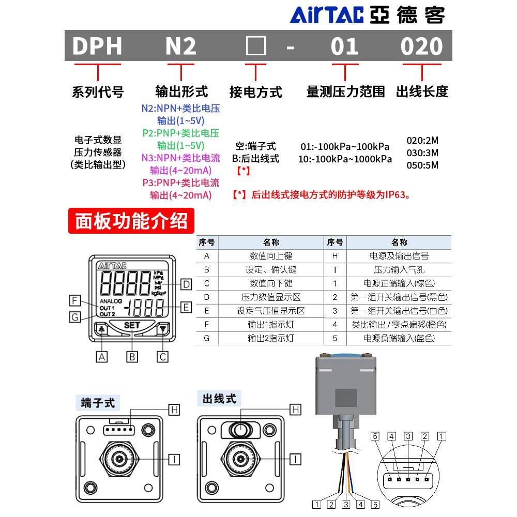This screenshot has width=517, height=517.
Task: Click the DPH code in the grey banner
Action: (97, 47)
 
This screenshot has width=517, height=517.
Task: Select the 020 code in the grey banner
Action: (422, 47)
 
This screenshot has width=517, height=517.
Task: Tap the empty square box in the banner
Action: (255, 47)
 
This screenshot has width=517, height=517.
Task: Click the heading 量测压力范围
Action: (345, 92)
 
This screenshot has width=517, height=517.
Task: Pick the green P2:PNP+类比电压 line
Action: (181, 133)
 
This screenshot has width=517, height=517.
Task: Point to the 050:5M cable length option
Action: (422, 165)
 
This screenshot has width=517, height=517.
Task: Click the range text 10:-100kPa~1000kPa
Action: (345, 159)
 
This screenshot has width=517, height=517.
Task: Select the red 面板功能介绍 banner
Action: (131, 221)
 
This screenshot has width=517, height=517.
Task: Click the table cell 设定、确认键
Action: (271, 269)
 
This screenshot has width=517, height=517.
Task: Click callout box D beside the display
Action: (187, 284)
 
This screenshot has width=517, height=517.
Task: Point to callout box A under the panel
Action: (103, 356)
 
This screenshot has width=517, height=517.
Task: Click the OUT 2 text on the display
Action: (108, 314)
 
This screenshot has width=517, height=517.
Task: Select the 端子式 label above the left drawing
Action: (98, 402)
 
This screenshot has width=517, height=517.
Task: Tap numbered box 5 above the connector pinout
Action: (375, 436)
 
